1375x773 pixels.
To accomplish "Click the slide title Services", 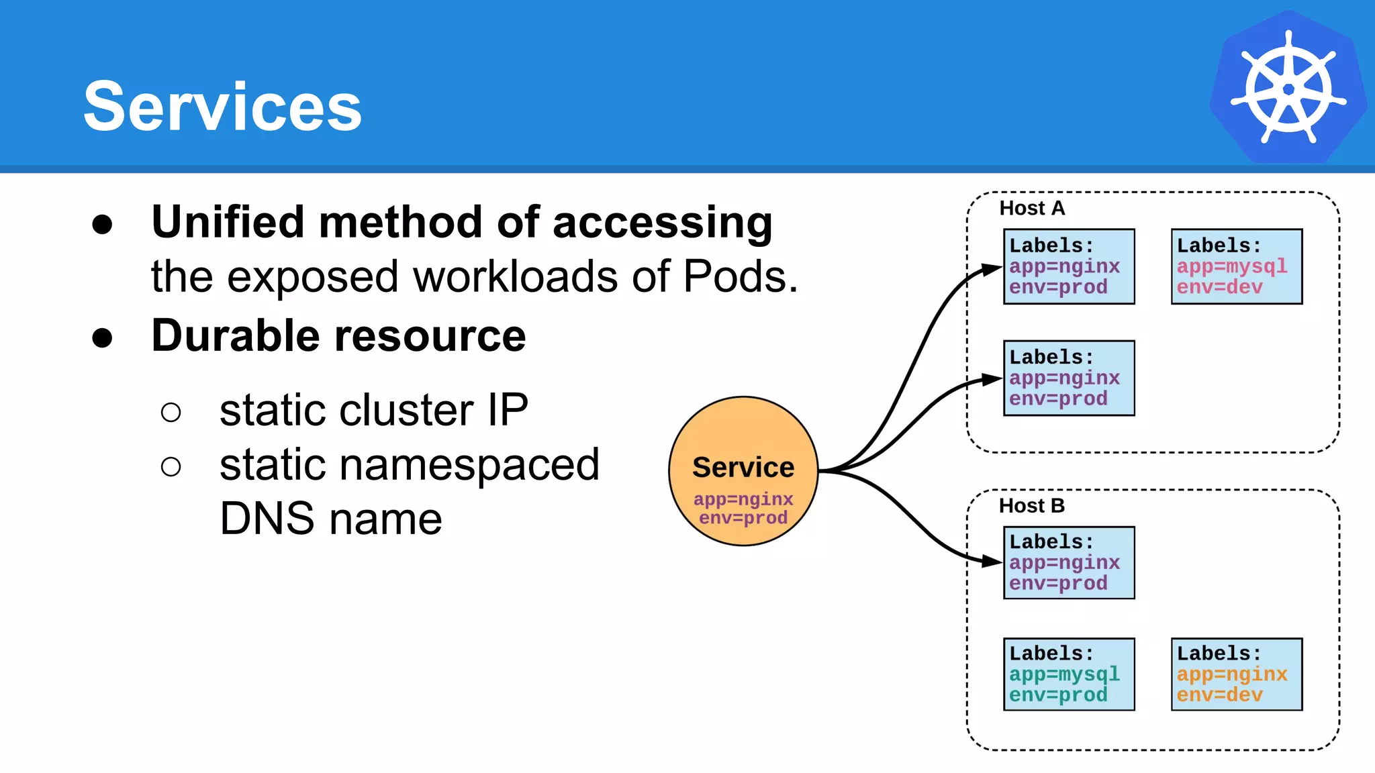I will coord(222,106).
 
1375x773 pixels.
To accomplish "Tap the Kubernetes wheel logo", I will coord(1288,87).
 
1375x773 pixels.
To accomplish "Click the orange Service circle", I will coord(743,470).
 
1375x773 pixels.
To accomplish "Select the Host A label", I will coord(1032,208).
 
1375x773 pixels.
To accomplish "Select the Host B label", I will coord(1031,505).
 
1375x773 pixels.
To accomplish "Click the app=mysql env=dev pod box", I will coord(1236,266).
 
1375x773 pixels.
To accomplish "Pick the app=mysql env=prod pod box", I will coord(1069,674).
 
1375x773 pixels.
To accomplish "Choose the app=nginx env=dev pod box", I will coord(1236,674).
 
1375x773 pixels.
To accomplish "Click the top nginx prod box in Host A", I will coord(1069,266).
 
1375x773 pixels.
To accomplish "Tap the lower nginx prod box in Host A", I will coord(1069,378).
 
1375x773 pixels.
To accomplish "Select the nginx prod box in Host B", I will coord(1069,562).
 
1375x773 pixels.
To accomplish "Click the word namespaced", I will coord(469,464).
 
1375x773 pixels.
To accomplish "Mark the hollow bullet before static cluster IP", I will coord(171,411).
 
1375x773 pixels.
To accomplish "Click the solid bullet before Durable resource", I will coord(102,338).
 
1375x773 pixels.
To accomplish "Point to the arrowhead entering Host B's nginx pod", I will coord(992,561).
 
